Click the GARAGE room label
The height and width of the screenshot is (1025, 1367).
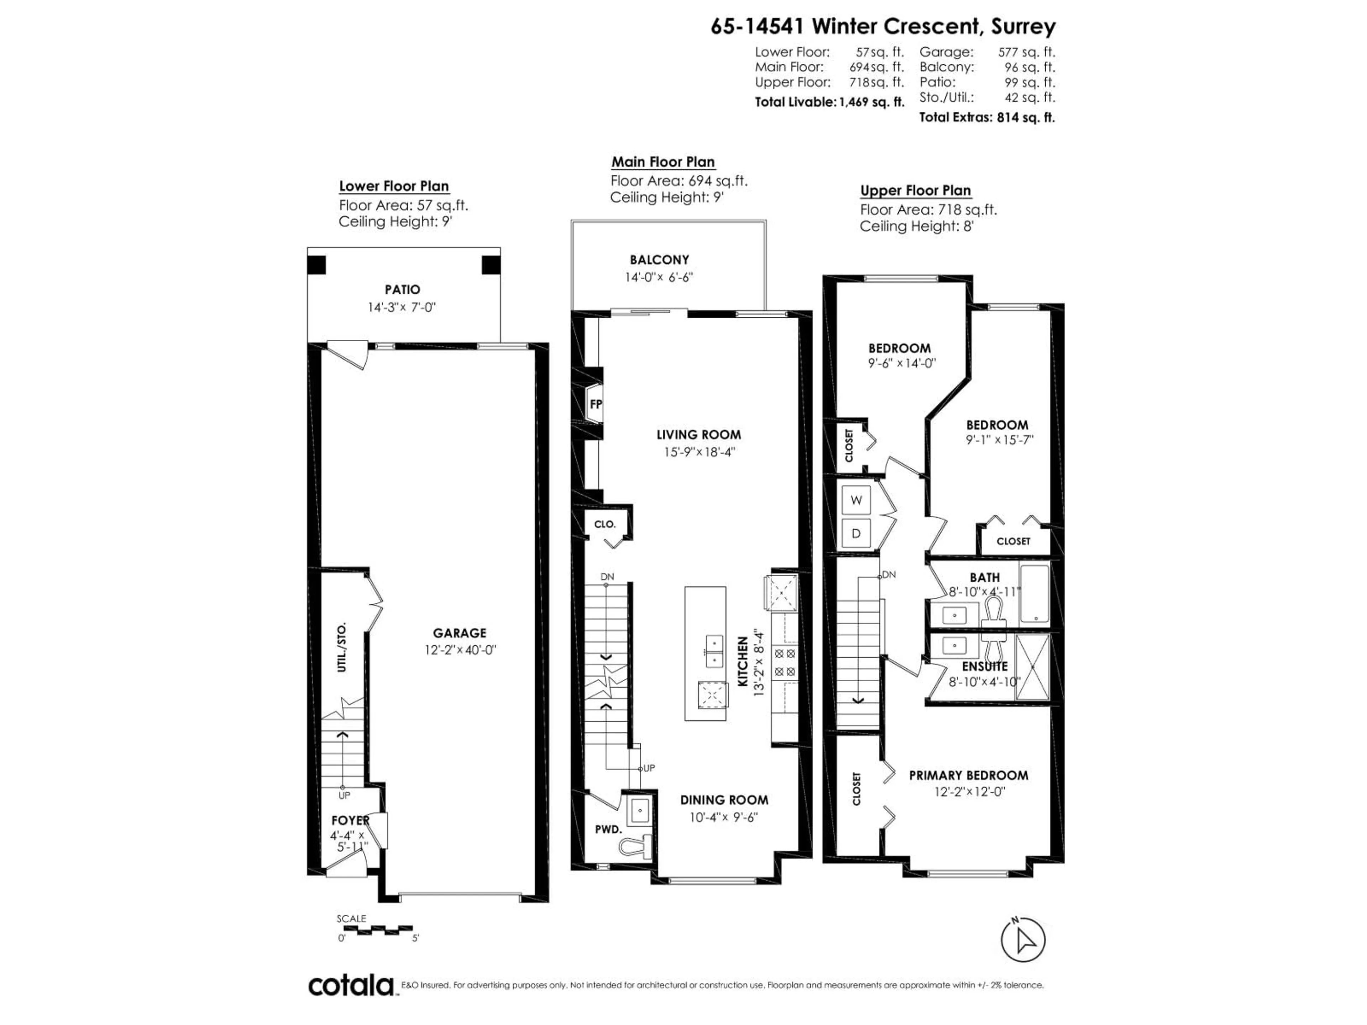pos(459,633)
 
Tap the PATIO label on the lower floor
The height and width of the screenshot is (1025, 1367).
pos(402,289)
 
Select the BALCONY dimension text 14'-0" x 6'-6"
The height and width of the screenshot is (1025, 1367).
pos(659,277)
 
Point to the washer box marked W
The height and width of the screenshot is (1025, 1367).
pos(856,500)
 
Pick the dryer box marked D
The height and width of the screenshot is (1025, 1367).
pos(856,532)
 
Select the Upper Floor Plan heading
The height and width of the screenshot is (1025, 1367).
pos(915,190)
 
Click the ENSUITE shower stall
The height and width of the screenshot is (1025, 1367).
pos(1033,667)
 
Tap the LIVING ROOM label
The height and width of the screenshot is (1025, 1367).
pos(698,434)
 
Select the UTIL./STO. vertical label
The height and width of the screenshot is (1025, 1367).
pos(342,647)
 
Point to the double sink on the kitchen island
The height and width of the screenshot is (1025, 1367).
pos(714,651)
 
